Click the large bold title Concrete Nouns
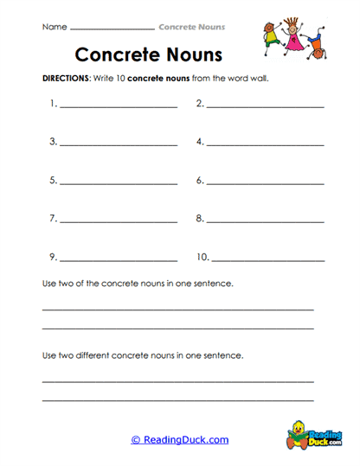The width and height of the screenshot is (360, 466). point(148,54)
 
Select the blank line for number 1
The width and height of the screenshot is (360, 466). point(118,106)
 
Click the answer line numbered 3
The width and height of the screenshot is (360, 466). point(118,144)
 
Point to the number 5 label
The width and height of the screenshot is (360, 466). point(53,181)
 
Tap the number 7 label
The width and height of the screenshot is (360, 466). point(53,219)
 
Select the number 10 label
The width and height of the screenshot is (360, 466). point(202,257)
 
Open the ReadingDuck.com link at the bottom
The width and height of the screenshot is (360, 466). point(180,440)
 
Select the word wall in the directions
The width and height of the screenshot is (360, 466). point(259,78)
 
